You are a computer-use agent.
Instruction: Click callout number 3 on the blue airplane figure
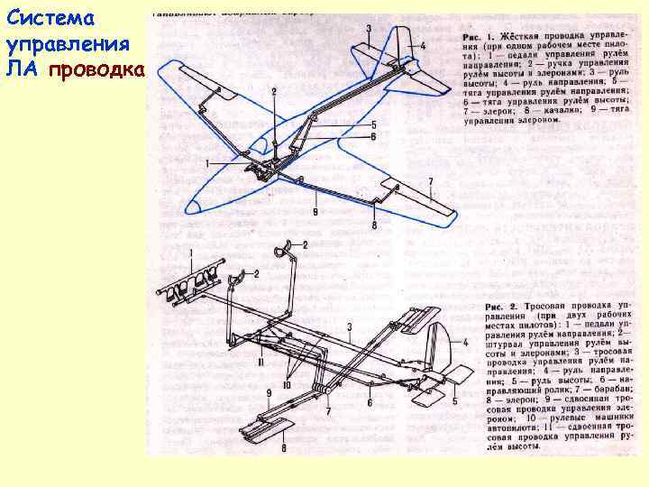point(369,30)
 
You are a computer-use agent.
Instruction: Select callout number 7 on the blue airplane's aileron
point(430,182)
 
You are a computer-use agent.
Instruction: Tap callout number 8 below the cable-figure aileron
point(285,447)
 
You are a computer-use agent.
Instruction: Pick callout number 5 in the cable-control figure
point(453,401)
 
